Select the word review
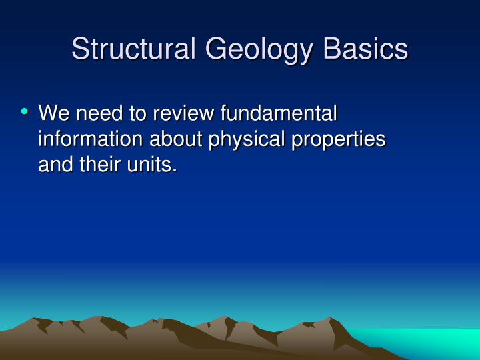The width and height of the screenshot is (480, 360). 181,114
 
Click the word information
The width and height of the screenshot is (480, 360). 90,139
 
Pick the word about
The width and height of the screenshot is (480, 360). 175,139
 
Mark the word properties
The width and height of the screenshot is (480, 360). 337,139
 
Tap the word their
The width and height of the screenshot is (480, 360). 101,165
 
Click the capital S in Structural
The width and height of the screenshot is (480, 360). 81,49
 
